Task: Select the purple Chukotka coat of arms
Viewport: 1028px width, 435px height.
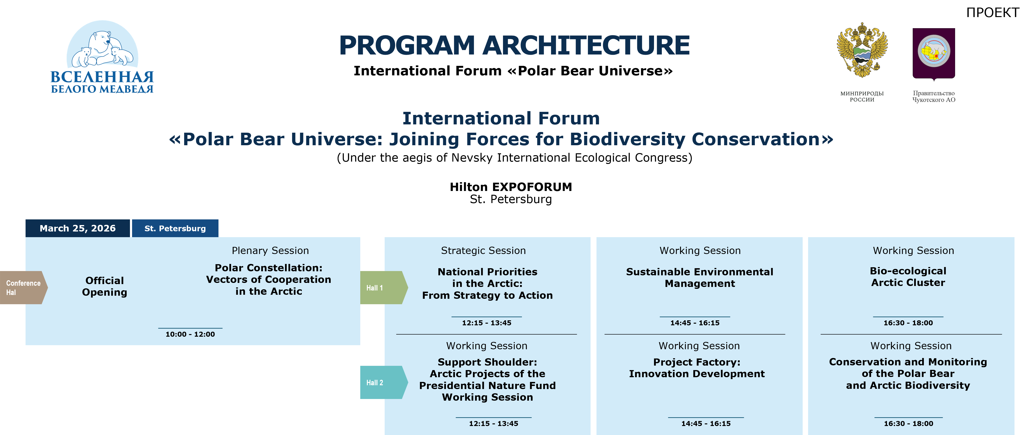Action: [934, 54]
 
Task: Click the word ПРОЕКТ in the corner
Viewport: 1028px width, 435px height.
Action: [992, 13]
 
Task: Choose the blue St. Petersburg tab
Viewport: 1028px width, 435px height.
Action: [175, 228]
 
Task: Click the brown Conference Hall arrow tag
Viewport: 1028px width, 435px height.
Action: [23, 288]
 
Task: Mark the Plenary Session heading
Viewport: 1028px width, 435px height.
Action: [270, 250]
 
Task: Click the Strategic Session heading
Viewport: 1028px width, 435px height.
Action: [483, 250]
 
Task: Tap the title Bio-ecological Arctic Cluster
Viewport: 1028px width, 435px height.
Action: [908, 277]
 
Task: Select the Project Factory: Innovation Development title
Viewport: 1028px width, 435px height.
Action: [697, 368]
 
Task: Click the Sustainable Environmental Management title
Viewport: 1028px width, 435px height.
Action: [699, 278]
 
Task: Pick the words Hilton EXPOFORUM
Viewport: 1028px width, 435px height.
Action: [511, 187]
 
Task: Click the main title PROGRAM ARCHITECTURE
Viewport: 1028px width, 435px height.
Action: [514, 45]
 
